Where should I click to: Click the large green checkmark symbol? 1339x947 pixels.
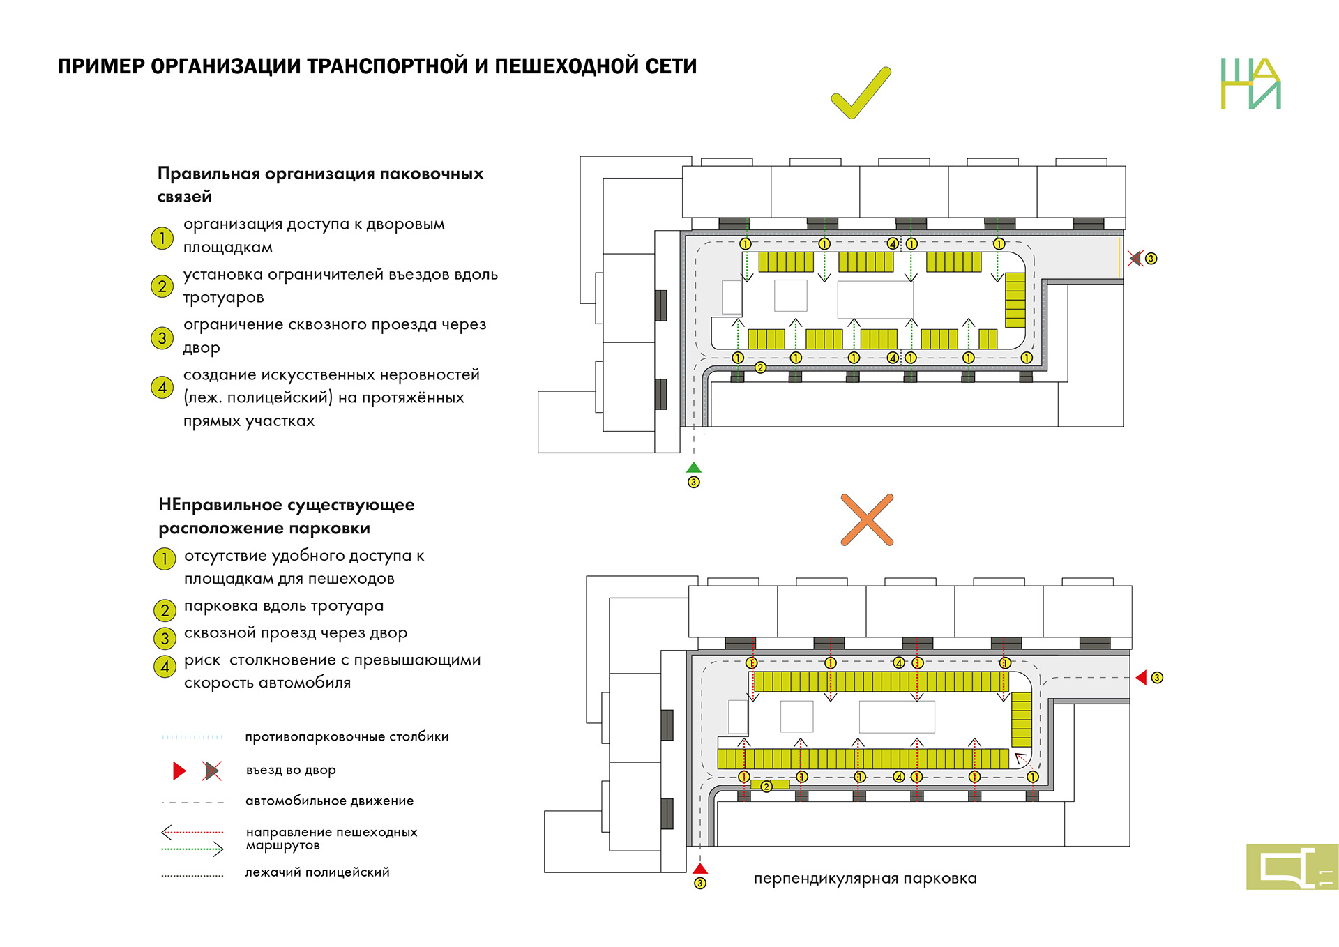point(860,94)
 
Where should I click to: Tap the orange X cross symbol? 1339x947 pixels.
point(867,520)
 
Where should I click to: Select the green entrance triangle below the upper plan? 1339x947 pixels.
point(693,468)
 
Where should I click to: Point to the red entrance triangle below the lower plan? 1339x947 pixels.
point(700,869)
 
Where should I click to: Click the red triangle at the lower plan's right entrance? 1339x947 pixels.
point(1142,678)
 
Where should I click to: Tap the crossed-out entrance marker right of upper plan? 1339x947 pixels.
point(1135,259)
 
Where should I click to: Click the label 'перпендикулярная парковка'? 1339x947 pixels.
point(865,879)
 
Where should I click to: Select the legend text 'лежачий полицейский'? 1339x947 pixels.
point(317,872)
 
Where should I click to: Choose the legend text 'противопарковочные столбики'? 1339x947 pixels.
point(347,737)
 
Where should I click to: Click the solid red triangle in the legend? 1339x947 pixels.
point(179,771)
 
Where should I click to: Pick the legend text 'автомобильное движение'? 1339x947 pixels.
point(329,801)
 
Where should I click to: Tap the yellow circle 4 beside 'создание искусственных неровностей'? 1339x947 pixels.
point(162,388)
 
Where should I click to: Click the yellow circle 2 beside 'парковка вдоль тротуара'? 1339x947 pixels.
point(165,611)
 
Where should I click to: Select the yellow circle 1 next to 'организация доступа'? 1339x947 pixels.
point(162,238)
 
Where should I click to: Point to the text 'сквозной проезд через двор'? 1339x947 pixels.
point(296,633)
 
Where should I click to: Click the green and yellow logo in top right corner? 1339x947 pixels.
point(1250,84)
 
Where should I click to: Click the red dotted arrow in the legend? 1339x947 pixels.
point(192,832)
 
